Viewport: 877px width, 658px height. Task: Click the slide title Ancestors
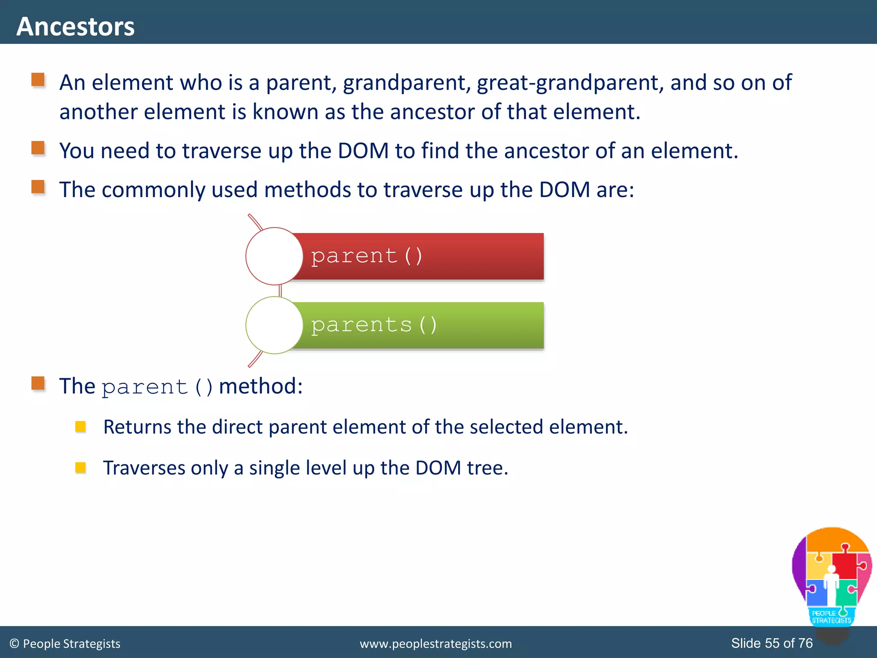pyautogui.click(x=75, y=27)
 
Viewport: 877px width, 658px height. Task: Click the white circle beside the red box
pyautogui.click(x=274, y=256)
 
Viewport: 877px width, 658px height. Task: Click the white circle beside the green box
pyautogui.click(x=274, y=325)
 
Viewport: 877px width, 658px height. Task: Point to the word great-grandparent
pyautogui.click(x=570, y=83)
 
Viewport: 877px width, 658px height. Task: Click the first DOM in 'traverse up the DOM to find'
pyautogui.click(x=363, y=151)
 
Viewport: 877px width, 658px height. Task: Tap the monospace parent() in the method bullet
pyautogui.click(x=157, y=387)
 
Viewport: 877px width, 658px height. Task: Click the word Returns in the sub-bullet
pyautogui.click(x=137, y=427)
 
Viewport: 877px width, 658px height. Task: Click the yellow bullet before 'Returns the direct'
pyautogui.click(x=81, y=427)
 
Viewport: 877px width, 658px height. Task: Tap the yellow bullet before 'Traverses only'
pyautogui.click(x=81, y=467)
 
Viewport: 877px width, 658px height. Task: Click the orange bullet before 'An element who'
pyautogui.click(x=38, y=80)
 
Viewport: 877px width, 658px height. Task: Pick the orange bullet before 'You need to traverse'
pyautogui.click(x=38, y=148)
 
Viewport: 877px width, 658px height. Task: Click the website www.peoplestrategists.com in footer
pyautogui.click(x=436, y=644)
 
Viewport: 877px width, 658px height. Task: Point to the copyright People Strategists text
pyautogui.click(x=65, y=644)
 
